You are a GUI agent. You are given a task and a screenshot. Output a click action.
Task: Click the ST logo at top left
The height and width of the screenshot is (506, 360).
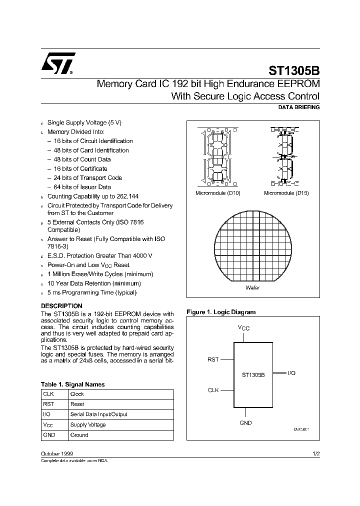pos(58,63)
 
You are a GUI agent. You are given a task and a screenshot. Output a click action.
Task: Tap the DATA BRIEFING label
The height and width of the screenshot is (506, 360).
pos(298,107)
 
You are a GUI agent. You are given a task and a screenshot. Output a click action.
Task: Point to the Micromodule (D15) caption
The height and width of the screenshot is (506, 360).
pos(286,192)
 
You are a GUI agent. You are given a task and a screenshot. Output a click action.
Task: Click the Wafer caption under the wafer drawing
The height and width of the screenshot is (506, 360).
pos(252,288)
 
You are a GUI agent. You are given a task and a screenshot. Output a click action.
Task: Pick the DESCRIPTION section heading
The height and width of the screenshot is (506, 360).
pos(61,305)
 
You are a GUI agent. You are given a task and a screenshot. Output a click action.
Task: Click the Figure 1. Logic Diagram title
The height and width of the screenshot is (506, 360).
pos(221,312)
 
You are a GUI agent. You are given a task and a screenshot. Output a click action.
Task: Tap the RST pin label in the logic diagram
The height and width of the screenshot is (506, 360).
pos(213,359)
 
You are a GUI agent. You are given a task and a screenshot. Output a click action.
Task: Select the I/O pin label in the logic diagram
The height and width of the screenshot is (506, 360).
pos(292,373)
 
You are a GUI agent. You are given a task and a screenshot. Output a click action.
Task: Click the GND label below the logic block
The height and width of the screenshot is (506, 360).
pos(245,422)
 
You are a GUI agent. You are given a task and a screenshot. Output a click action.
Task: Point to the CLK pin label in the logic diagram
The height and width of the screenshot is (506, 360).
pos(213,390)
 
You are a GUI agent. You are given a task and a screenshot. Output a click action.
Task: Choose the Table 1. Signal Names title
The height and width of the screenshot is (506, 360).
pos(72,384)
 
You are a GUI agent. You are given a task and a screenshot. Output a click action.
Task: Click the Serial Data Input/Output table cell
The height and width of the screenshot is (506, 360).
pos(98,414)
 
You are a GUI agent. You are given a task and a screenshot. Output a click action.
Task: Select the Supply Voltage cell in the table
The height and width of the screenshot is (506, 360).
pos(88,424)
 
